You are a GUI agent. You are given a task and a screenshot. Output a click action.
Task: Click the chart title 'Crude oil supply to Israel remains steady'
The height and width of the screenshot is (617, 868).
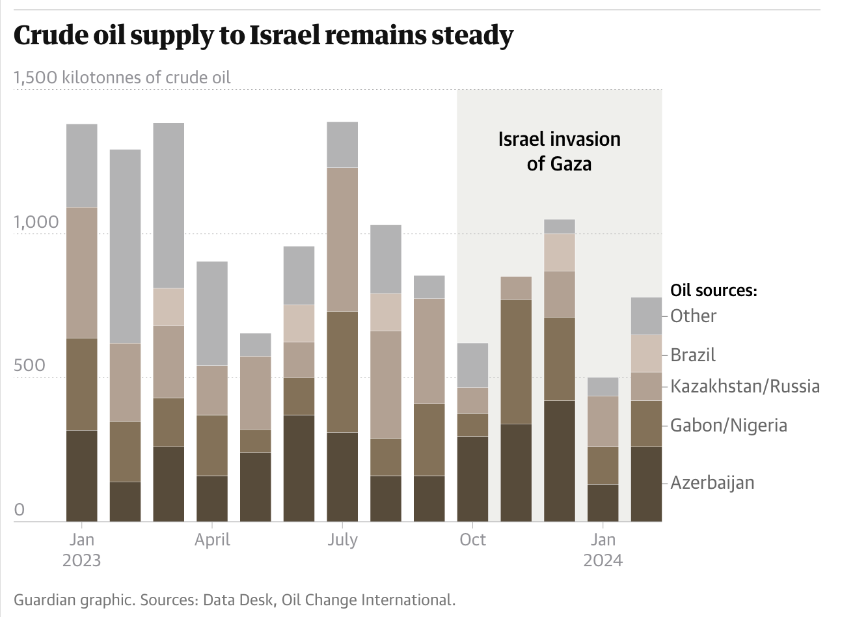(263, 35)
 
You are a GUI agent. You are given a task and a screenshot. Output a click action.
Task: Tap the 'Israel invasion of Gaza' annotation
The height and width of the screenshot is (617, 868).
(559, 151)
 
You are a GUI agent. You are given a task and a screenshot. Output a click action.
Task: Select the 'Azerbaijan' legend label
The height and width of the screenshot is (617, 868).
(712, 483)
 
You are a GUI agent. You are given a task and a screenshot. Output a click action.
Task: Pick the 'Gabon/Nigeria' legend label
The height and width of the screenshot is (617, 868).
(729, 426)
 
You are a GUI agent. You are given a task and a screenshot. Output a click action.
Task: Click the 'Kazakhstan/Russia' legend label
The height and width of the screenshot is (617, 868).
(745, 387)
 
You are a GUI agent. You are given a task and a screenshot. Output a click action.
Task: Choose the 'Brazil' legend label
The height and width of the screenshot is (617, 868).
(693, 355)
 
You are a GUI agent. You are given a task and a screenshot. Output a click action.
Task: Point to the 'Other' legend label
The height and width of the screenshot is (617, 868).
(694, 316)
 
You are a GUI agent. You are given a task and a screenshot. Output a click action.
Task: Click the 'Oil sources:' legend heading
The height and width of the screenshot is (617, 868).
(714, 290)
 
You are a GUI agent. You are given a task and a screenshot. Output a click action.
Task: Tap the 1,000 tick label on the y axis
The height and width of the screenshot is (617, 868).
(36, 223)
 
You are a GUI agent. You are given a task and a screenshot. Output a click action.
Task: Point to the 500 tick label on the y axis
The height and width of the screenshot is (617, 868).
(29, 366)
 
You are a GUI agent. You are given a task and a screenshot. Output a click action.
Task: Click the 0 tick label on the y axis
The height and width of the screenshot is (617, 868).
(20, 510)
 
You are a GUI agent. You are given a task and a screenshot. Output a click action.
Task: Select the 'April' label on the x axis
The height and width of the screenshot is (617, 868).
(212, 540)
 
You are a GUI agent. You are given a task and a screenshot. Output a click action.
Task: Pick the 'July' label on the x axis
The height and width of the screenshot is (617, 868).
(342, 540)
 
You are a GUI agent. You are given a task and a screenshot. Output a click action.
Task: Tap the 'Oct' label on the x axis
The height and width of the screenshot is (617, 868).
(472, 540)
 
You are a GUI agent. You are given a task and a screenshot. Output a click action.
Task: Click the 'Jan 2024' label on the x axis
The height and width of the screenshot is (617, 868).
(603, 550)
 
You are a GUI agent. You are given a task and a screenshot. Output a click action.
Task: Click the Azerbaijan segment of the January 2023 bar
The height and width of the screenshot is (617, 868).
(82, 476)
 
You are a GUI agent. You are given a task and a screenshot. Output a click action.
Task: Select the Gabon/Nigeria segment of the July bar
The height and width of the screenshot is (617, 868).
(342, 372)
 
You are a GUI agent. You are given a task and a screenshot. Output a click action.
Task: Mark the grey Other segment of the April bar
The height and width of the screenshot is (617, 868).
(212, 313)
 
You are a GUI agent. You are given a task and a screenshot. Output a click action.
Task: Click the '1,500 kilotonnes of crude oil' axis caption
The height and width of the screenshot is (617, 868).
(122, 77)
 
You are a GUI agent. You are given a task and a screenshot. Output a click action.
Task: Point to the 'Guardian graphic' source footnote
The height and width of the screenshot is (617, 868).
(234, 600)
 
